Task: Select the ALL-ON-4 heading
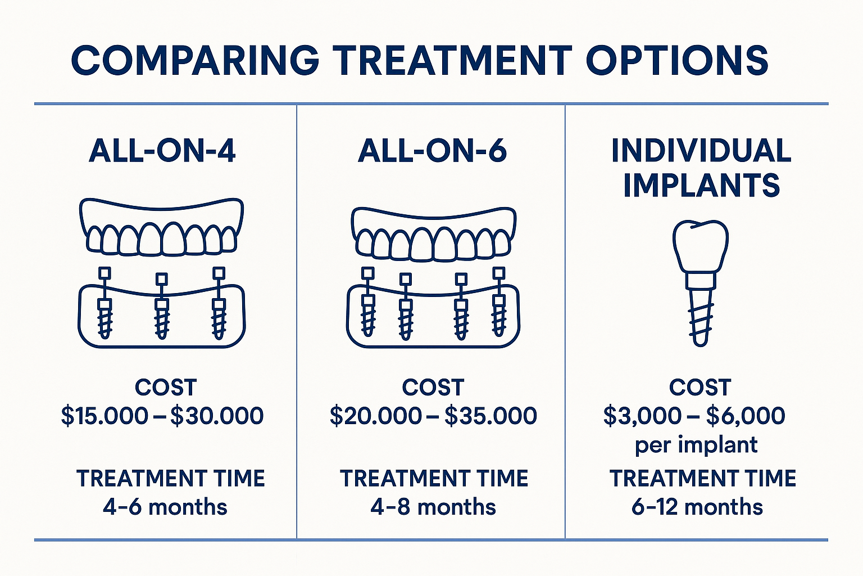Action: (x=162, y=151)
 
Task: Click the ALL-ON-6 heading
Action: (x=432, y=151)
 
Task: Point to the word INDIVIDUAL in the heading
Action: (x=701, y=151)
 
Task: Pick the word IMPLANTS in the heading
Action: (x=701, y=186)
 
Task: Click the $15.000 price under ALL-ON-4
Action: (x=105, y=416)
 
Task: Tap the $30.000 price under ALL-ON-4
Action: (x=217, y=416)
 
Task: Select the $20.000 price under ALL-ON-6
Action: (x=375, y=416)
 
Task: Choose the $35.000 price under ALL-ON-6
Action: (x=490, y=416)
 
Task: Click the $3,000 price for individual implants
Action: (x=642, y=416)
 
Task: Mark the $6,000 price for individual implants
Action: (x=746, y=416)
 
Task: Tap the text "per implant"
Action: (x=696, y=445)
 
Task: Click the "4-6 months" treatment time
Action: (x=165, y=507)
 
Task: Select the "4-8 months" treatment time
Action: (x=433, y=507)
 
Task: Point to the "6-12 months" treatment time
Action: (x=697, y=507)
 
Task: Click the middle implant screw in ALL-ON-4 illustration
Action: (x=162, y=318)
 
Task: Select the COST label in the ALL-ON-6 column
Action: (x=433, y=388)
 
